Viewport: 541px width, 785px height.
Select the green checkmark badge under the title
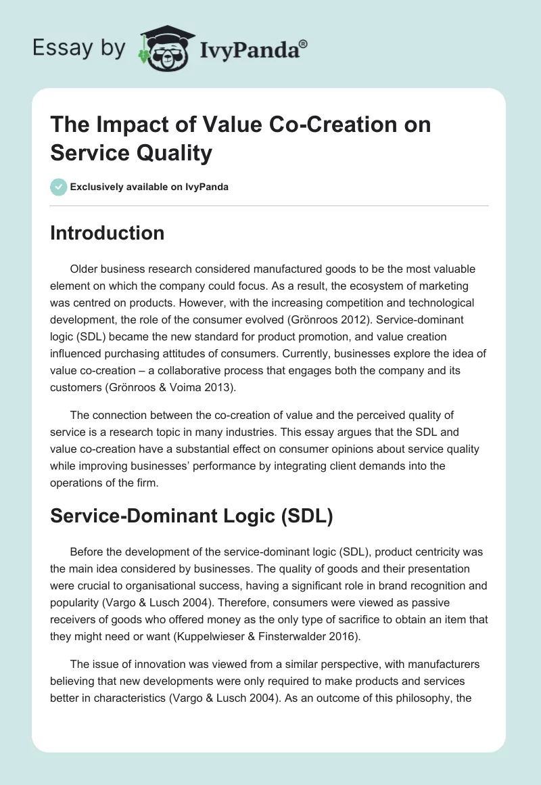[59, 187]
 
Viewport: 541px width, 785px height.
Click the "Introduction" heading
[107, 233]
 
